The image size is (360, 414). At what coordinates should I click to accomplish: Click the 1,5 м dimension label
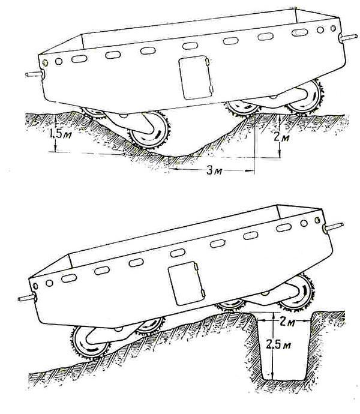coord(60,134)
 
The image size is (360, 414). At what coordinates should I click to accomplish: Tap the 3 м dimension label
coord(214,170)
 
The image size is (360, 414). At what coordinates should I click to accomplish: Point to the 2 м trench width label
coord(287,322)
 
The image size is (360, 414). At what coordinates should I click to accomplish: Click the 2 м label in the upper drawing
coord(281,137)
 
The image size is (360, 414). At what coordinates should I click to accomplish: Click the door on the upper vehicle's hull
coord(196,77)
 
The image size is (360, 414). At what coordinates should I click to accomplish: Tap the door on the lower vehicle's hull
coord(187,284)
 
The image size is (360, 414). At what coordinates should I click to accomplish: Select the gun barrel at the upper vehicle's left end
coord(35,75)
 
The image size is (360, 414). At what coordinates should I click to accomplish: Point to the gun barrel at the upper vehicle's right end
coord(348,37)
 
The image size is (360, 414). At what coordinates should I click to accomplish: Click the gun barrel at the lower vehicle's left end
coord(26,298)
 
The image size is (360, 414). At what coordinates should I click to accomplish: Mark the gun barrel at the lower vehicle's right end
coord(334,227)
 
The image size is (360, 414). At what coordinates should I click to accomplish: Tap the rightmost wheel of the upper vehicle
coord(306,97)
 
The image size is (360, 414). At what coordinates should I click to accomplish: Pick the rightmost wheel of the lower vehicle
coord(296,292)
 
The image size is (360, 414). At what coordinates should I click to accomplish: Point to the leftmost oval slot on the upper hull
coord(79,59)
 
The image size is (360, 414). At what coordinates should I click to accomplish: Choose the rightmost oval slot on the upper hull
coord(300,33)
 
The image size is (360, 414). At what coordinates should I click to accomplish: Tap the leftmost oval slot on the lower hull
coord(69,278)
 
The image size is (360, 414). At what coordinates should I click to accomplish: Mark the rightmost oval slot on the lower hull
coord(284,227)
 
